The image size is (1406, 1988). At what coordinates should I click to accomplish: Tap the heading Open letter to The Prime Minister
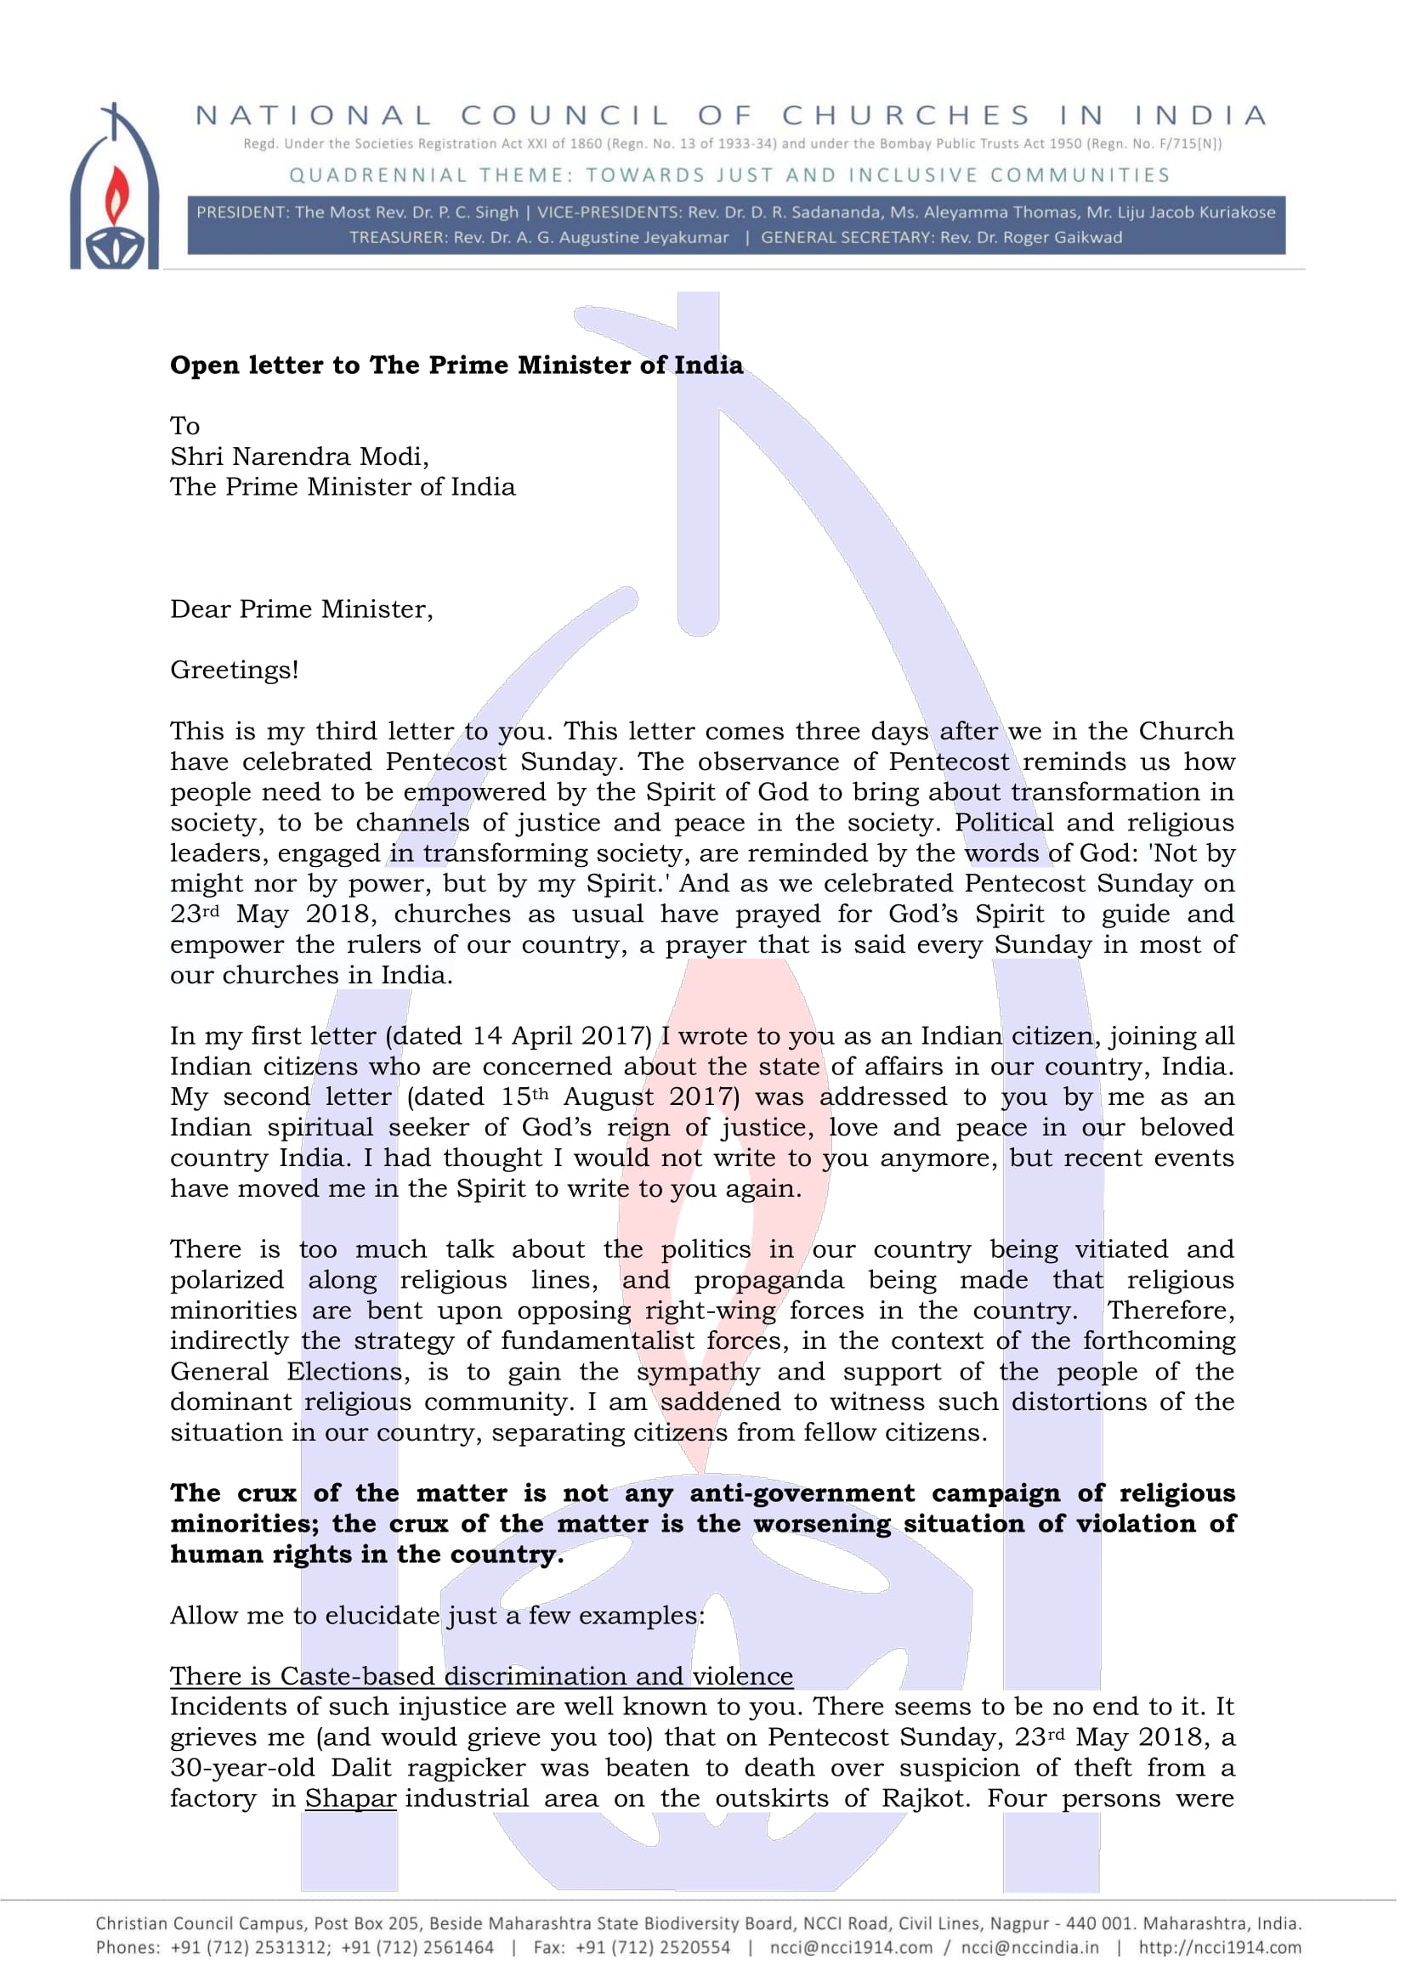tap(456, 365)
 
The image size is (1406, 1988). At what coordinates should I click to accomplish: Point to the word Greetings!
tap(234, 669)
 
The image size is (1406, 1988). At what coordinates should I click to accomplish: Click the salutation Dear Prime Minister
tap(300, 609)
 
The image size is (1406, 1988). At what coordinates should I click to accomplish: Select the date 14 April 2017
tap(561, 1035)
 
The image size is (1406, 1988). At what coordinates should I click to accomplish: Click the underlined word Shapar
tap(349, 1798)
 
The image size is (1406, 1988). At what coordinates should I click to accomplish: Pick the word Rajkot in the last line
tap(923, 1798)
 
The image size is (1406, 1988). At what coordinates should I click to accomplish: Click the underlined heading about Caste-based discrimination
tap(480, 1675)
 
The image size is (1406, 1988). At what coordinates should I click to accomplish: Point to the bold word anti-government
tap(801, 1492)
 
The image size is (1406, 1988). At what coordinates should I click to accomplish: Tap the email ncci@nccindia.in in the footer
tap(1029, 1947)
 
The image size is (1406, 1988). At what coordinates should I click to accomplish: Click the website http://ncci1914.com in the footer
tap(1219, 1947)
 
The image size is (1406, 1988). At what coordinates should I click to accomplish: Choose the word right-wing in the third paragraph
tap(710, 1310)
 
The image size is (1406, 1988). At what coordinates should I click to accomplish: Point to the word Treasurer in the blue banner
tap(396, 237)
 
